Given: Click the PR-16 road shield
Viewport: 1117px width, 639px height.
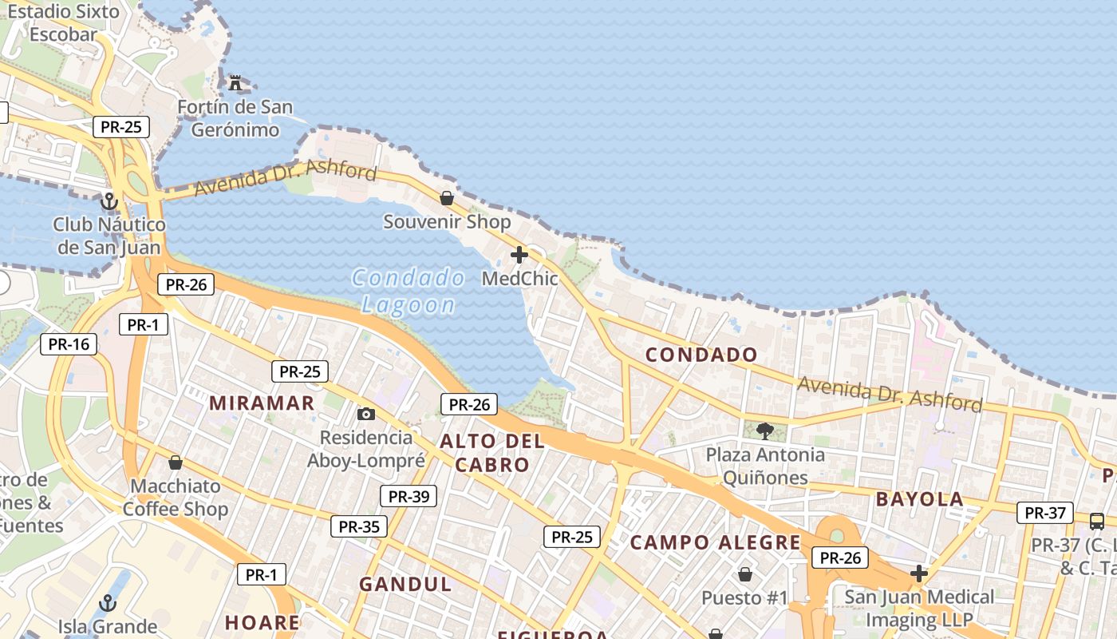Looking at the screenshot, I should click(x=69, y=344).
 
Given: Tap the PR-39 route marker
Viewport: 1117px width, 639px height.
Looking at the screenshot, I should click(x=409, y=496).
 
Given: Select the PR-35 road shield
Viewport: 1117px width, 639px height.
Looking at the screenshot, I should click(x=359, y=526).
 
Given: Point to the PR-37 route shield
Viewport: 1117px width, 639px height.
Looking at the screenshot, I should click(x=1044, y=513).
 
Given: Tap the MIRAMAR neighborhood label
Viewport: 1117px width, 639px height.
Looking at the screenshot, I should click(x=262, y=403).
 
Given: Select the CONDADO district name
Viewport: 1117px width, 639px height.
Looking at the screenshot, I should click(x=701, y=355).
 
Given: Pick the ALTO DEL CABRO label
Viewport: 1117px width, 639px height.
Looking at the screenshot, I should click(x=491, y=453).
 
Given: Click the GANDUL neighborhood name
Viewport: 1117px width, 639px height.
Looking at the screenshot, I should click(x=405, y=584).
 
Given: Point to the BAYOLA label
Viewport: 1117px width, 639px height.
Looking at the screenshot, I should click(x=920, y=500).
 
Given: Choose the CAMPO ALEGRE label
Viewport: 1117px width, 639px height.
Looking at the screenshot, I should click(x=715, y=543).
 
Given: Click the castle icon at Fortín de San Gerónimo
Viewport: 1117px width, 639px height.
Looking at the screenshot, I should click(x=235, y=82).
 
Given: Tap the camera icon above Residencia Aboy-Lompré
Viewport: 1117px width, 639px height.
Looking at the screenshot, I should click(x=366, y=414).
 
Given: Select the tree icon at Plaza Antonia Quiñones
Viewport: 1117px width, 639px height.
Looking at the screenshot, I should click(x=765, y=431).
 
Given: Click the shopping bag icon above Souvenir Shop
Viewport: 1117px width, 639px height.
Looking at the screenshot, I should click(x=447, y=197).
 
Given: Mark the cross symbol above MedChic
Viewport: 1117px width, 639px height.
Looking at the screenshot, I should click(x=519, y=255).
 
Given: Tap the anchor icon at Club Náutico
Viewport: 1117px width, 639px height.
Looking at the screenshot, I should click(x=109, y=200).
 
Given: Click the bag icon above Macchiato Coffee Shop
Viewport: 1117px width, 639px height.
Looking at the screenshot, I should click(x=176, y=462).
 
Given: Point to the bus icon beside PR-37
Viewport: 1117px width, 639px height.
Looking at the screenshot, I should click(x=1097, y=522).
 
